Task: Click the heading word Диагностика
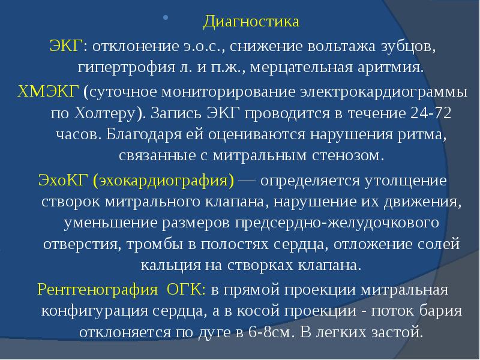[x=251, y=23]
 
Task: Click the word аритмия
[x=394, y=65]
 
